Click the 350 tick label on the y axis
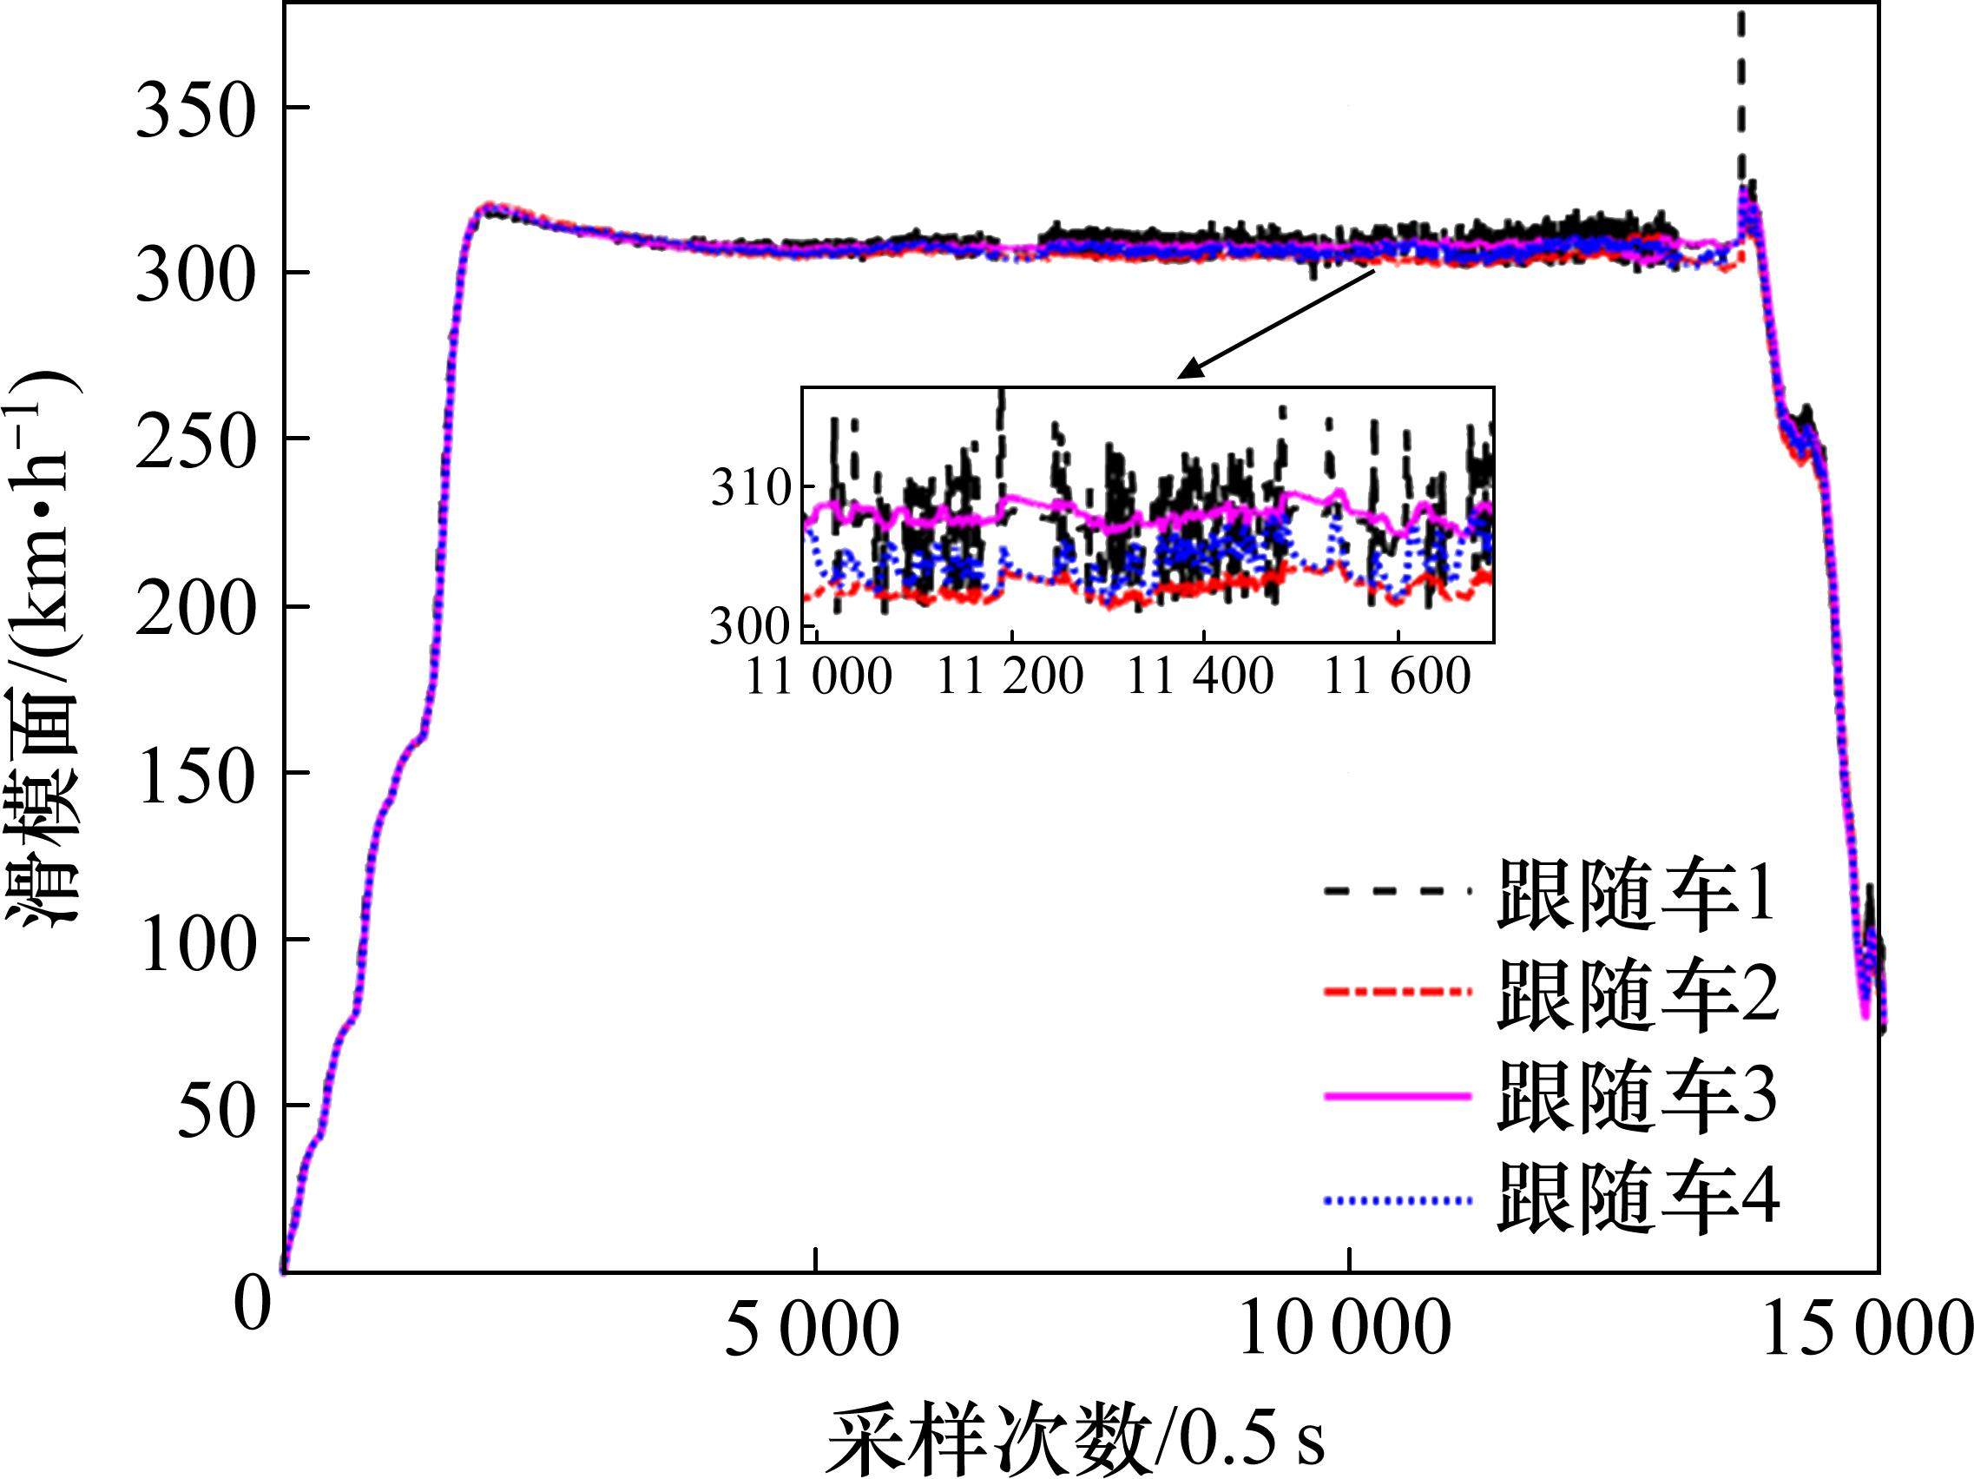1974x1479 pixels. tap(195, 109)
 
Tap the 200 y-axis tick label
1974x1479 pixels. tap(195, 609)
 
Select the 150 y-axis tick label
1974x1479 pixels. tap(195, 774)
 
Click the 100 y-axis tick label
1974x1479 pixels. tap(195, 941)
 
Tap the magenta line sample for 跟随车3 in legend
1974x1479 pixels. tap(1397, 1096)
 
